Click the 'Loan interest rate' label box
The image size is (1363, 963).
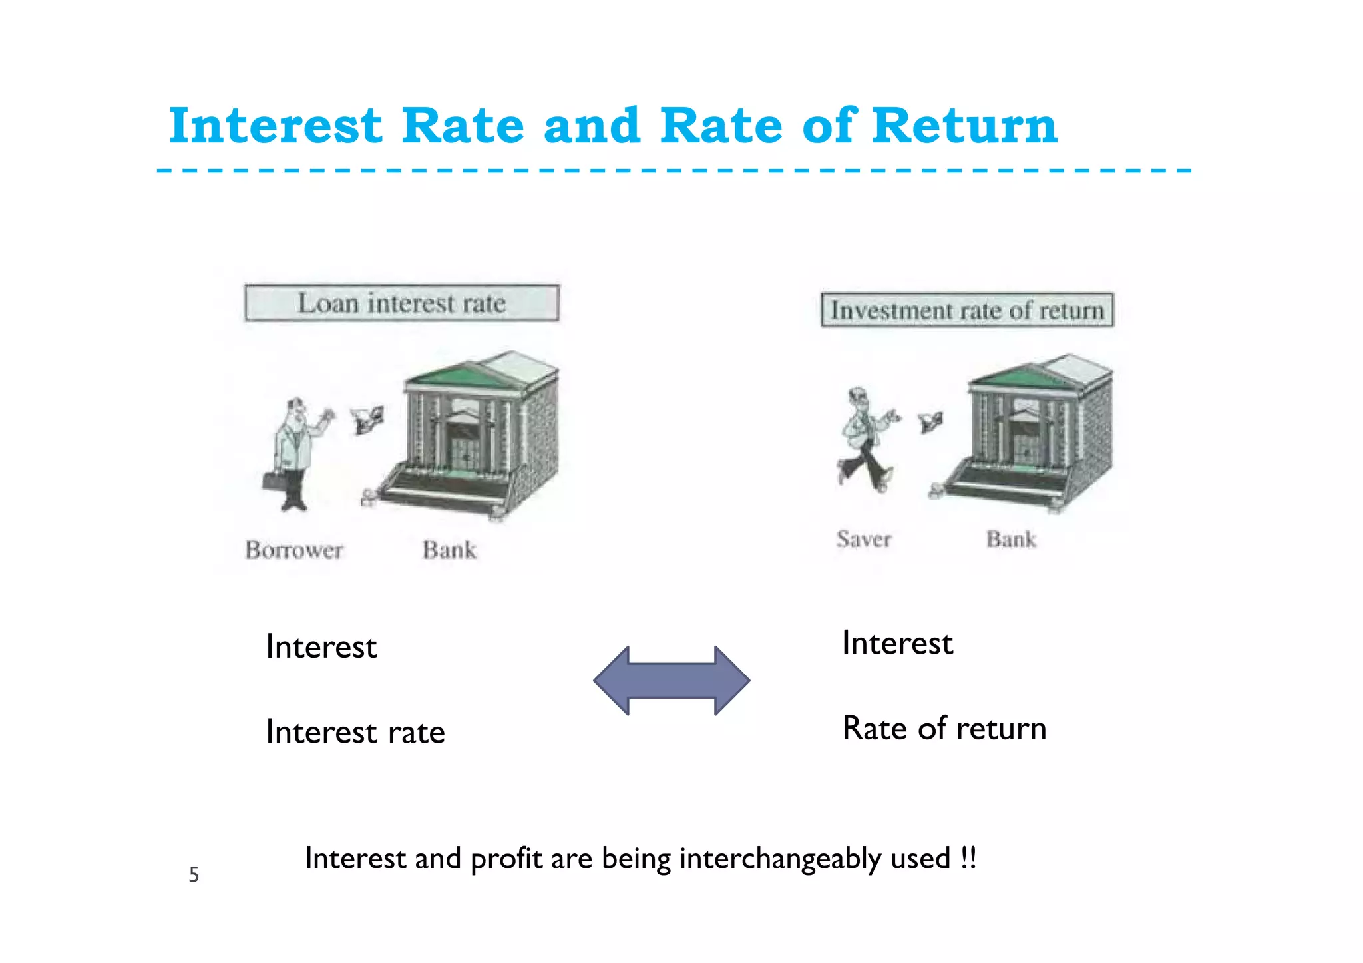[401, 303]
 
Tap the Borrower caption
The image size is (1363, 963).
[293, 550]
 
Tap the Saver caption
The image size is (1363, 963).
[863, 539]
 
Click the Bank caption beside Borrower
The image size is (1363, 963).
[449, 550]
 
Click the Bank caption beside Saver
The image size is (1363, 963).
[1010, 539]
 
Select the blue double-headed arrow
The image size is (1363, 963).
[672, 681]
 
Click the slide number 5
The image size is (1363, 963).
[194, 874]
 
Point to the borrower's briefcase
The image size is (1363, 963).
[274, 481]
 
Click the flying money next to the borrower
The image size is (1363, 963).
[367, 419]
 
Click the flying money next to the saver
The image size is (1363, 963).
[930, 421]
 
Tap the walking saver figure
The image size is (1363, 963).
[865, 439]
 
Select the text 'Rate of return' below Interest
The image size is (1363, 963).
[944, 728]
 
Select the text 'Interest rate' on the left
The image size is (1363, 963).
[355, 732]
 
